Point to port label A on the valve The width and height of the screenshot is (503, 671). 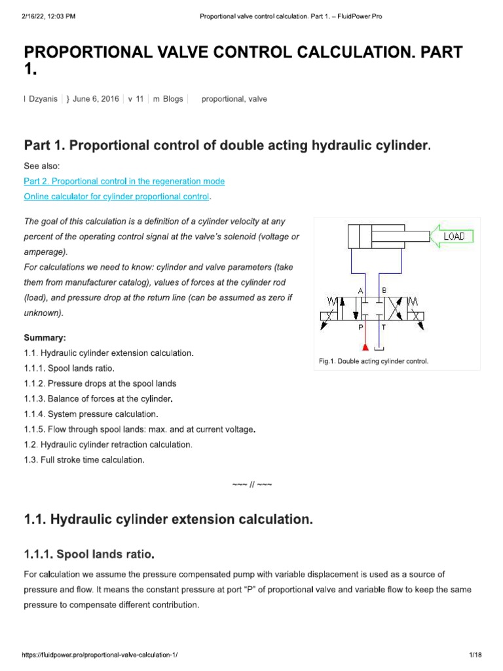coord(360,290)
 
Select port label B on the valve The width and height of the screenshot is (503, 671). coord(384,290)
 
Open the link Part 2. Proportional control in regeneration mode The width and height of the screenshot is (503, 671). coord(124,181)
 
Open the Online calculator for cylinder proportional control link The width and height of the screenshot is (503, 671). coord(117,197)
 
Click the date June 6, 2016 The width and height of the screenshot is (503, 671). coord(96,99)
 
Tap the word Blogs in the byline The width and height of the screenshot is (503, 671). coord(172,99)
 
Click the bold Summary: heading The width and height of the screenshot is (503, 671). coord(45,337)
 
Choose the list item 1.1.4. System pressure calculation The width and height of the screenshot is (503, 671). coord(91,414)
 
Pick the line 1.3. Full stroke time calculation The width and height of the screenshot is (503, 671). coord(84,460)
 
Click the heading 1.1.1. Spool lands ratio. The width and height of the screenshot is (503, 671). coord(89,555)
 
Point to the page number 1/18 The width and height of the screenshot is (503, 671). coord(475,655)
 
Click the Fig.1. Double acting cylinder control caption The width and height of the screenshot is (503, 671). coord(373,361)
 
